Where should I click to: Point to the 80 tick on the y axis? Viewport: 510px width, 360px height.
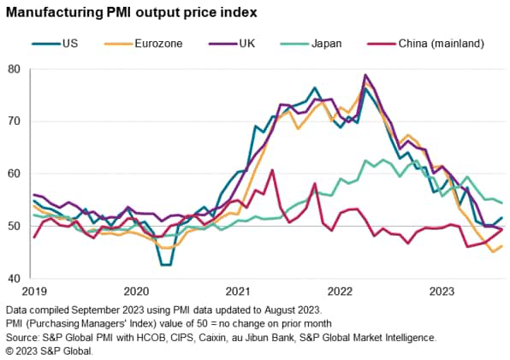pyautogui.click(x=14, y=68)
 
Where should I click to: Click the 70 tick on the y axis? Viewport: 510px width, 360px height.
pyautogui.click(x=14, y=121)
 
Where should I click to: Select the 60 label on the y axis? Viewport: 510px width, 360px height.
pyautogui.click(x=14, y=174)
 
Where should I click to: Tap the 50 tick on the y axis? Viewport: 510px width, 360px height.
pyautogui.click(x=14, y=226)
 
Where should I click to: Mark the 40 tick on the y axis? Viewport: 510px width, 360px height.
pyautogui.click(x=14, y=279)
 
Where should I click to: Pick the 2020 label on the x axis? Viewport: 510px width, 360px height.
pyautogui.click(x=137, y=291)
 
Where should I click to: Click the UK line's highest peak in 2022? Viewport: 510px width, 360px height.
pyautogui.click(x=366, y=75)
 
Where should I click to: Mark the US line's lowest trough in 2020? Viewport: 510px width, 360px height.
pyautogui.click(x=165, y=265)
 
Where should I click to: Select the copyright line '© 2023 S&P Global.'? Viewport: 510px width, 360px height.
pyautogui.click(x=50, y=351)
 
